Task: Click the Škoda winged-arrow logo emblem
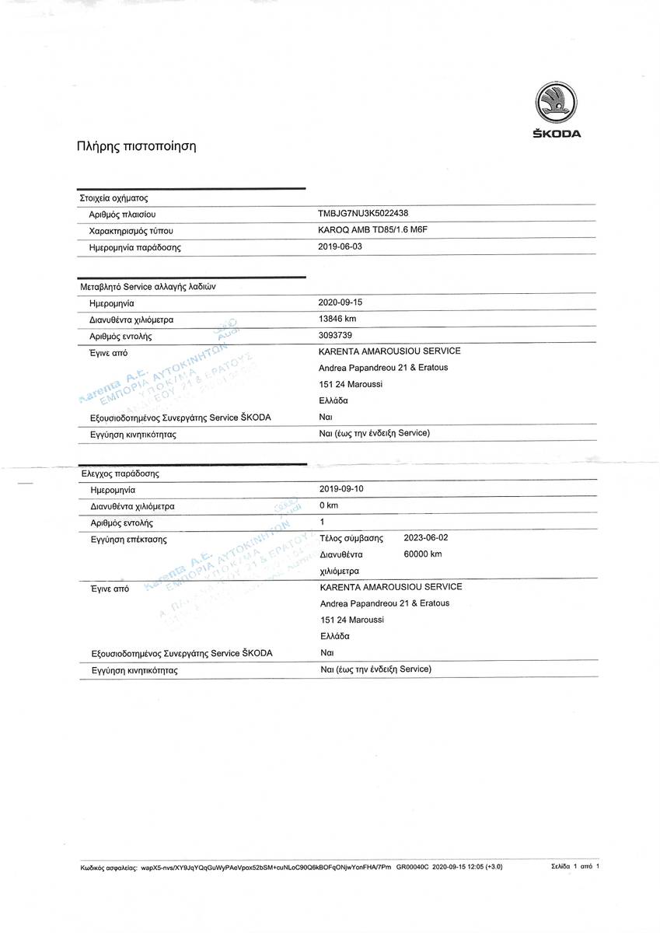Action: coord(557,103)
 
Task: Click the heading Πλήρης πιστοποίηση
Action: coord(136,145)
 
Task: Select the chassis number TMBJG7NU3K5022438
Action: coord(364,214)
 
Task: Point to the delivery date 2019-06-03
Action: coord(340,246)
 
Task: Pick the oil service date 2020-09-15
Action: coord(340,302)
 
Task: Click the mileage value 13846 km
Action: coord(337,319)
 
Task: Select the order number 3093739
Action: coord(335,335)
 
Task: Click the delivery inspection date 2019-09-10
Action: coord(341,489)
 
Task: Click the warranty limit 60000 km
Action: coord(423,554)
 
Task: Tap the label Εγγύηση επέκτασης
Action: coord(128,539)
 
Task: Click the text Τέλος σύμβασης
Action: coord(352,538)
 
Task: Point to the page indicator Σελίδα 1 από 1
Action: coord(575,865)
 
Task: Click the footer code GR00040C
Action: coord(412,865)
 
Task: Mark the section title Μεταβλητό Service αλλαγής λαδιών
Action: coord(148,286)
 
